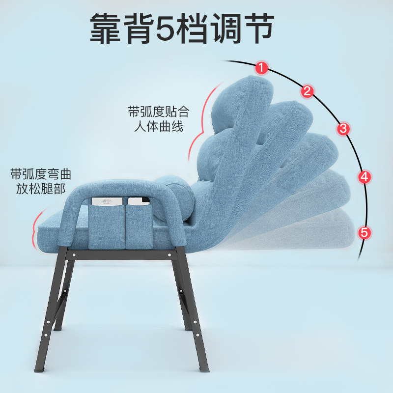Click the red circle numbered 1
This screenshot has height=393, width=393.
click(262, 68)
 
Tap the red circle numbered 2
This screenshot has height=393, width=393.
click(308, 90)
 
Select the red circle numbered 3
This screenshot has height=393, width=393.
click(343, 129)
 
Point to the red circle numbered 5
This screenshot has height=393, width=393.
click(365, 232)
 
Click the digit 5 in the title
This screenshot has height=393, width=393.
click(168, 28)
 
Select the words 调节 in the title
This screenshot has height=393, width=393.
click(251, 28)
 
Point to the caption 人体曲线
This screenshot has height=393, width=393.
click(158, 127)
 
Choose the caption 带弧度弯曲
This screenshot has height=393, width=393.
click(41, 174)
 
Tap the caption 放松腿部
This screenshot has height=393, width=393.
click(41, 190)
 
